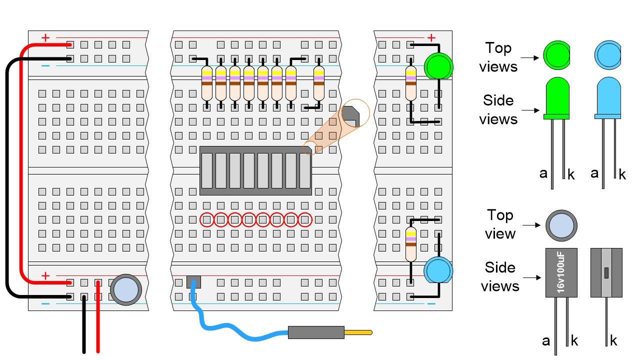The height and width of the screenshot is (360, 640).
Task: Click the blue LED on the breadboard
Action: coord(438,270)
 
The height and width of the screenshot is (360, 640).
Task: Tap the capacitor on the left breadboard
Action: coord(124,289)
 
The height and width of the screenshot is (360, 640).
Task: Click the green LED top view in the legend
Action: coord(556,53)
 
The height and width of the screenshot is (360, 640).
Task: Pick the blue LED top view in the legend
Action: coord(608,53)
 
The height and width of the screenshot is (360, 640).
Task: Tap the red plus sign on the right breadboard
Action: coord(431,37)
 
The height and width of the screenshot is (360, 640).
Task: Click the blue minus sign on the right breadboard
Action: coord(431,303)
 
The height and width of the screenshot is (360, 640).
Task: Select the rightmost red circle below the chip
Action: coord(305,219)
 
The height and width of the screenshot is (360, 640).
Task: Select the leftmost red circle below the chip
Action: coord(206,219)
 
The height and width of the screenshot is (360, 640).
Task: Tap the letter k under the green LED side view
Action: coord(571,174)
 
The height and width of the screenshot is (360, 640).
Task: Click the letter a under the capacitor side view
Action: coord(546,341)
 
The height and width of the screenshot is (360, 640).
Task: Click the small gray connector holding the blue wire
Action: coord(193,282)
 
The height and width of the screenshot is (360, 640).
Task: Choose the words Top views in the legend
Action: coord(498,57)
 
